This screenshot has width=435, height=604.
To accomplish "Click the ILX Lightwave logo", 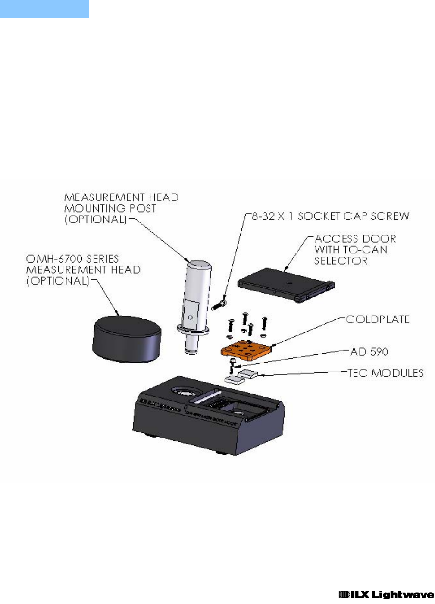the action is coord(386,595).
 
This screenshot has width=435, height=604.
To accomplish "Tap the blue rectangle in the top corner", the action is coord(44,9).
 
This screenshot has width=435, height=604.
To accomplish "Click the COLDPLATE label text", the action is coord(378,319).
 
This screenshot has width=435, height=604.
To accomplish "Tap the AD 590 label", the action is coord(369,352).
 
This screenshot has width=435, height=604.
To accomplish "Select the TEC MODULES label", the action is coord(385,373).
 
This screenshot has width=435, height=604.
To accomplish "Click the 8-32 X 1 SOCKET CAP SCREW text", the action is coord(330,216).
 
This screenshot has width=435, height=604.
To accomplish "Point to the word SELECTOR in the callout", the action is coord(341,261).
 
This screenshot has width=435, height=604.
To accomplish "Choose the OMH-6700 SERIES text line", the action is coord(72,259).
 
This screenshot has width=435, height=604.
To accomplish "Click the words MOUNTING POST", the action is coord(110,208).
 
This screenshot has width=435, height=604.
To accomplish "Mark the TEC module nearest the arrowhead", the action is coord(248,373).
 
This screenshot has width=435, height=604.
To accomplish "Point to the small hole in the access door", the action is coord(289,283).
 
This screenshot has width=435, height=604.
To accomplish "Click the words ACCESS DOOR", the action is coord(355,238).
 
